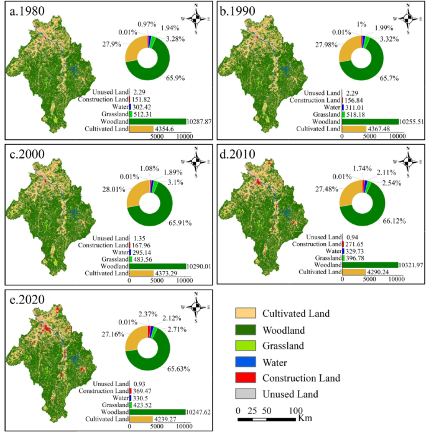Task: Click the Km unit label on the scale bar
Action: point(305,418)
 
